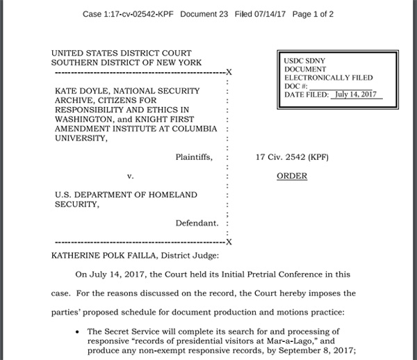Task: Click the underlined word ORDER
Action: pyautogui.click(x=292, y=176)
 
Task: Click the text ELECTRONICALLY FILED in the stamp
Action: pyautogui.click(x=328, y=78)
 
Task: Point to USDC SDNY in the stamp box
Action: pyautogui.click(x=304, y=61)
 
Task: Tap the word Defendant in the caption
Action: pyautogui.click(x=197, y=223)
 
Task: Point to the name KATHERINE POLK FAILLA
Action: pyautogui.click(x=104, y=255)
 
